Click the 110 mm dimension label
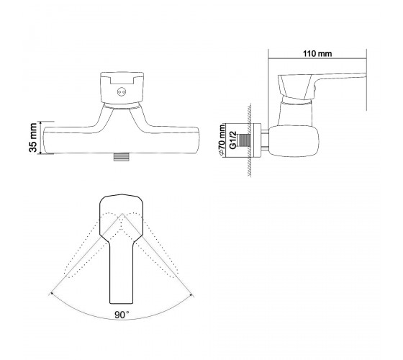pyautogui.click(x=317, y=54)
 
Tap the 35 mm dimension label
pyautogui.click(x=33, y=138)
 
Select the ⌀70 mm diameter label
pyautogui.click(x=222, y=140)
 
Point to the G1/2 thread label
pyautogui.click(x=233, y=140)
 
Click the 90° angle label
pyautogui.click(x=122, y=315)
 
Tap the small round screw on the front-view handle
pyautogui.click(x=122, y=92)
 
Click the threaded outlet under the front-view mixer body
pyautogui.click(x=122, y=157)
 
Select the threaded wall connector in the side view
pyautogui.click(x=244, y=143)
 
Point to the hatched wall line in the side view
pyautogui.click(x=249, y=140)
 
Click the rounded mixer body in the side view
pyautogui.click(x=294, y=141)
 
